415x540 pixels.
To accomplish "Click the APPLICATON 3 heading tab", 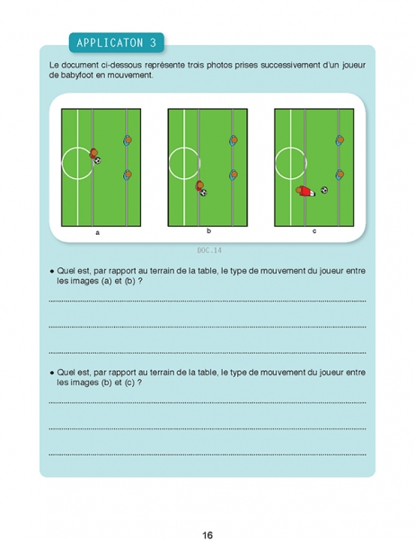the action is coord(116,42).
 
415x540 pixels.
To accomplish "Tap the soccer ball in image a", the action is coord(98,160).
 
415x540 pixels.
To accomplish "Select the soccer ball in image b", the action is coord(204,193).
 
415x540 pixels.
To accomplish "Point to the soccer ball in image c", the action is coord(324,190).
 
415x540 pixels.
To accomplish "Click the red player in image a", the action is coord(93,153).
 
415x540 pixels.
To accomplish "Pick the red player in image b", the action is coord(199,185).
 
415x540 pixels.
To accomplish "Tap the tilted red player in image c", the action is coord(305,191).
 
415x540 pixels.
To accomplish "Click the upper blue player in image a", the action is coord(128,140).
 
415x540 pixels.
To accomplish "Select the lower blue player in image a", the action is coord(128,175).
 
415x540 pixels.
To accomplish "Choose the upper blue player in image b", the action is coord(234,140).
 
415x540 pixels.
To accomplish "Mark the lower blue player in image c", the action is coord(340,175).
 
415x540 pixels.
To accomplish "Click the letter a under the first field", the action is coord(98,233).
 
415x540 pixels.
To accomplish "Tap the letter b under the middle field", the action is coord(208,231).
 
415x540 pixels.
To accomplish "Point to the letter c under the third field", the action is coord(314,231).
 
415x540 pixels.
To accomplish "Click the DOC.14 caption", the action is coord(209,250).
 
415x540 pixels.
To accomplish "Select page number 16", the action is coord(207,535).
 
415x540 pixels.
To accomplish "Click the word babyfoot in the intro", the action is coord(77,75).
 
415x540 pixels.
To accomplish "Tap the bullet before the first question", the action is coord(52,272).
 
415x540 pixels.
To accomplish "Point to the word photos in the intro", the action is coord(219,65).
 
